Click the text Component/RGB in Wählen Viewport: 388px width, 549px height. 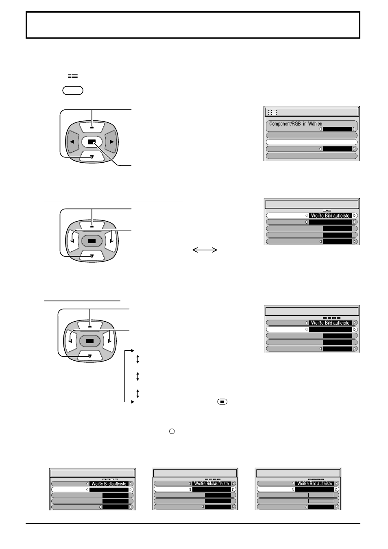pos(296,124)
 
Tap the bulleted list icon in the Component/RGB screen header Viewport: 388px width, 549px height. pos(272,112)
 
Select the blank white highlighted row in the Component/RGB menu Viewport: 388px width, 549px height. pos(312,142)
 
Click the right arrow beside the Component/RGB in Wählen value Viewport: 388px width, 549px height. pos(354,129)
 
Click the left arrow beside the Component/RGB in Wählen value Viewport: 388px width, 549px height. pos(320,129)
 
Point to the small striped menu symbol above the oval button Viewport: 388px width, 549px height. pos(73,76)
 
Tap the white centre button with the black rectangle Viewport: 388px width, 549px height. pos(92,142)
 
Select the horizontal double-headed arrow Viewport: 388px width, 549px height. pos(205,250)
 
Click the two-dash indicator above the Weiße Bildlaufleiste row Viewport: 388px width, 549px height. pos(327,211)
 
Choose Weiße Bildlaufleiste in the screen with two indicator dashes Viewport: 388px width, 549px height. pos(330,216)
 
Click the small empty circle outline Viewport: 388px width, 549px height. pos(172,431)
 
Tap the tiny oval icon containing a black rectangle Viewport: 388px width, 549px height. pos(222,402)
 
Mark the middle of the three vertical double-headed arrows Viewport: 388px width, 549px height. pos(138,376)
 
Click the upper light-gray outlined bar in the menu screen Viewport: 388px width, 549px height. pos(321,495)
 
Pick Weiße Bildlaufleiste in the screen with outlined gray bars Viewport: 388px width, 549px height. pos(314,483)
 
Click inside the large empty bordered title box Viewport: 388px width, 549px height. pos(193,25)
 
